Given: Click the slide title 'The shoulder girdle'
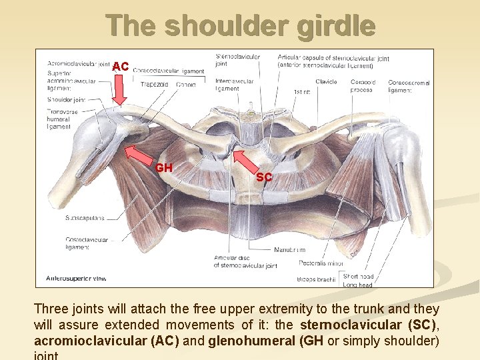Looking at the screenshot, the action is (240, 25).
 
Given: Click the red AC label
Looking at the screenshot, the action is (121, 67).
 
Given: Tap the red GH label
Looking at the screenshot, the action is (164, 168).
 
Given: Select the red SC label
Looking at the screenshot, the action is (264, 177).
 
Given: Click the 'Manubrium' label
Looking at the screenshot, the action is (289, 249).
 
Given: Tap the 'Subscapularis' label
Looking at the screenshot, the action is (85, 218).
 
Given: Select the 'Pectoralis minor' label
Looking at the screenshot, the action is (321, 263).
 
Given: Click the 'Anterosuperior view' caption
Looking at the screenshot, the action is (76, 278).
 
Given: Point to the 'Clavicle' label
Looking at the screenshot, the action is (326, 82).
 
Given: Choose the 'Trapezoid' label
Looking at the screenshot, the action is (154, 84).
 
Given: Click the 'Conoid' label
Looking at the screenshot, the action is (186, 85).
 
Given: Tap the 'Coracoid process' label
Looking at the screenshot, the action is (363, 85).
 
